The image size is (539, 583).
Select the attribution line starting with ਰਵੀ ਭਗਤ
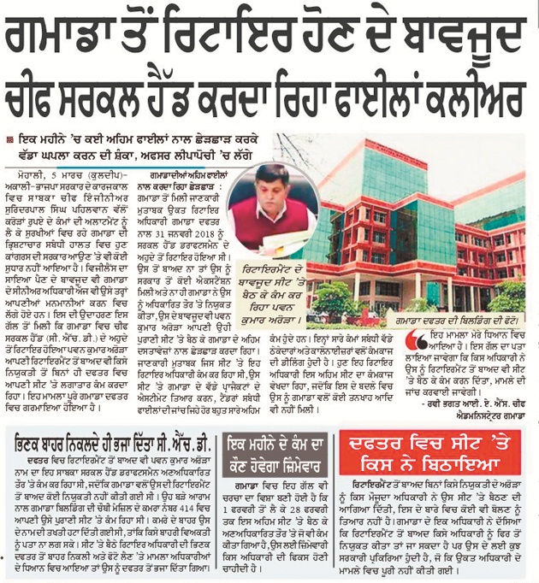(x=463, y=403)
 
